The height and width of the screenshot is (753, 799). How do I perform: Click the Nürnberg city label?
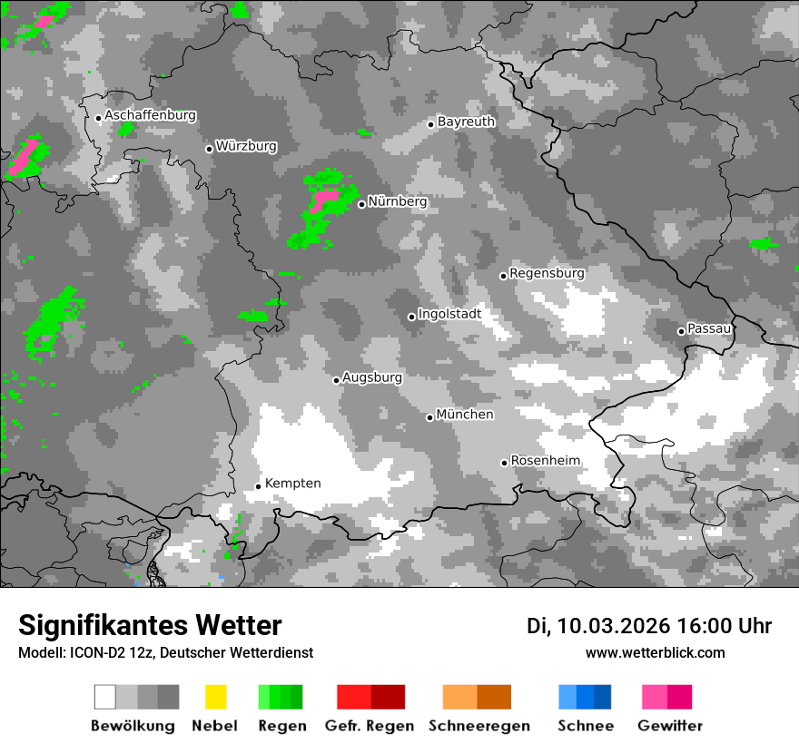click(x=397, y=201)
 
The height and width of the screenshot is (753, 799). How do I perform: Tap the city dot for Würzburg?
click(x=209, y=149)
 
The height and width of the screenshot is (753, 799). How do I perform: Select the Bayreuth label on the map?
click(x=466, y=122)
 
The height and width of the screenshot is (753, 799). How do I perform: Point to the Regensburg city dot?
click(x=503, y=276)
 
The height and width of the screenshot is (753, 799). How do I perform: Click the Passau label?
click(x=709, y=328)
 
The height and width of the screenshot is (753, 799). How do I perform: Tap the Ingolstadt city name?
click(x=449, y=314)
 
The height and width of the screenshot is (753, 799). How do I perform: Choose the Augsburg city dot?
click(x=336, y=380)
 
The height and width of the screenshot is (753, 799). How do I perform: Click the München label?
click(x=465, y=415)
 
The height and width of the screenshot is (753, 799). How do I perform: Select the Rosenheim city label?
click(x=545, y=461)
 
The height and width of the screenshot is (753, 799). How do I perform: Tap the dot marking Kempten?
click(x=258, y=486)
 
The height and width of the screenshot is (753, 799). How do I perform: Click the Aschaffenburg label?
click(x=150, y=115)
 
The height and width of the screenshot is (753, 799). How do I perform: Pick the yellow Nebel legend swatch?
click(x=215, y=697)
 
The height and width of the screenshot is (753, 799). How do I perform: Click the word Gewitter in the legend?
click(x=670, y=726)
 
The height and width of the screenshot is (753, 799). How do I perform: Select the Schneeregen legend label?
click(x=479, y=726)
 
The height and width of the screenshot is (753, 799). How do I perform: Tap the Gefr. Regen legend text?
click(x=370, y=726)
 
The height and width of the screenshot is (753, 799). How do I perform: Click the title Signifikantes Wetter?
click(x=150, y=625)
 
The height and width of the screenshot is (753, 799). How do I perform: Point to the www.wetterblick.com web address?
click(x=656, y=652)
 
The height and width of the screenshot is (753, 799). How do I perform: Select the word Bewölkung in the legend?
click(x=133, y=726)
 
